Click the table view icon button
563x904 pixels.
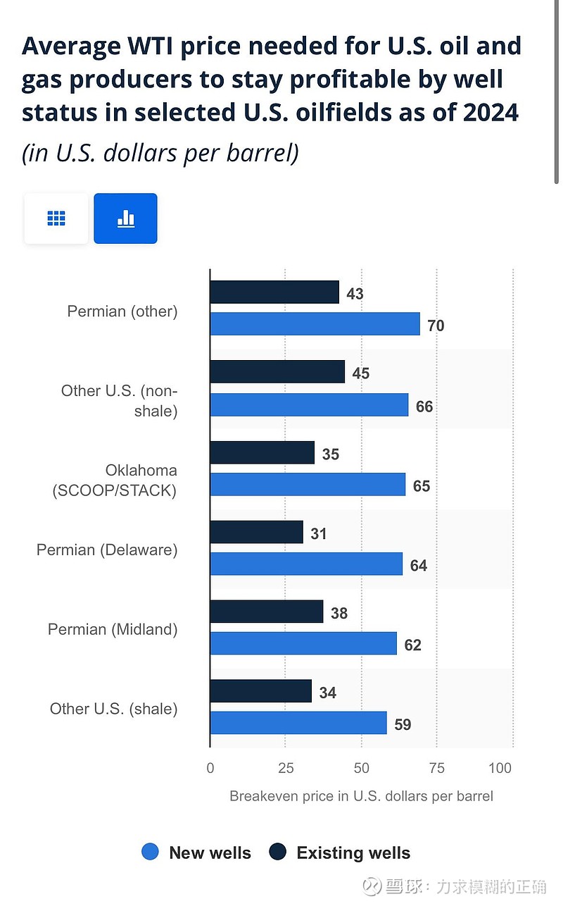[56, 218]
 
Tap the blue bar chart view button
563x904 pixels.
[125, 218]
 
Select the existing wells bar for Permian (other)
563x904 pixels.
[274, 292]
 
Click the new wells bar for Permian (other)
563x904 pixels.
[315, 324]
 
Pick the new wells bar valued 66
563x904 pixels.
[309, 405]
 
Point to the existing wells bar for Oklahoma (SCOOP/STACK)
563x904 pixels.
[262, 453]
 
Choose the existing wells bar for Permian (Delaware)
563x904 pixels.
[256, 533]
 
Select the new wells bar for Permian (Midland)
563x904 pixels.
[303, 643]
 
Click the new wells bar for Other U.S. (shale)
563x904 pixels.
[298, 723]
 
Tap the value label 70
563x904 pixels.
[436, 326]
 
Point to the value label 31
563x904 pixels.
[319, 534]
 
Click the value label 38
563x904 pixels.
[339, 614]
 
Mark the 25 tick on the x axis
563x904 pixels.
[285, 768]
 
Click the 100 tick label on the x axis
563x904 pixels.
[500, 768]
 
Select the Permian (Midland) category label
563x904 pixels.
[113, 629]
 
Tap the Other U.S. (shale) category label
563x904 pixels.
[113, 709]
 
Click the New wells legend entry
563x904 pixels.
[196, 853]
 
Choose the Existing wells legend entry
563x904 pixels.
[340, 853]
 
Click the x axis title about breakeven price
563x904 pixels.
[361, 796]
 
